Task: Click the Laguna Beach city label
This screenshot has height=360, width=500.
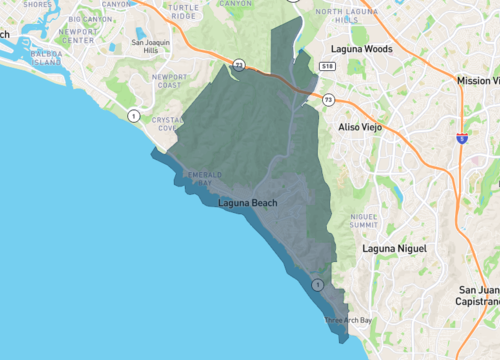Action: [x=247, y=204]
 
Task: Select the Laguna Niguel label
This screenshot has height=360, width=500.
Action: [x=395, y=248]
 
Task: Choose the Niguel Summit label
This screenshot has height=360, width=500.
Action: [x=363, y=221]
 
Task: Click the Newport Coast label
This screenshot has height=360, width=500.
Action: [x=169, y=80]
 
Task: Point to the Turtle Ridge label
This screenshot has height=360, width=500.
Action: [x=183, y=11]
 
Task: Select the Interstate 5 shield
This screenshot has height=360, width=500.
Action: [x=461, y=137]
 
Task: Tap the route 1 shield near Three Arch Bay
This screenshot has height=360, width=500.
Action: [x=318, y=285]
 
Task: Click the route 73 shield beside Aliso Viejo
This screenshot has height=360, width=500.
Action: [x=329, y=99]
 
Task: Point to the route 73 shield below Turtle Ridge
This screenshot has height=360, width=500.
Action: [x=238, y=65]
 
